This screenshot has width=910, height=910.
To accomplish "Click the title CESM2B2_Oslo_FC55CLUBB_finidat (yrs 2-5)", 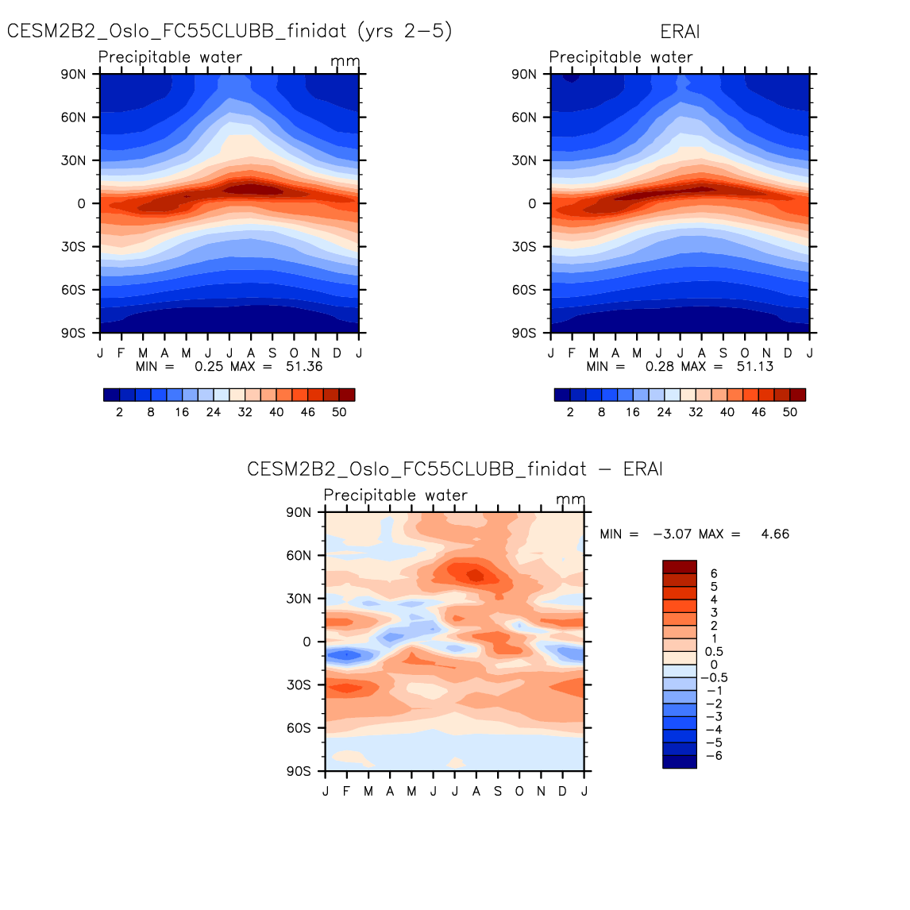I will [x=229, y=32].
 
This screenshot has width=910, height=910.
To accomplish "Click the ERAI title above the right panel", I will [x=680, y=33].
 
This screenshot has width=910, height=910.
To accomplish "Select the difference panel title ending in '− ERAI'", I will [x=454, y=469].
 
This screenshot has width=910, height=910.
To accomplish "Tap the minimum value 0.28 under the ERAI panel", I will [x=659, y=367].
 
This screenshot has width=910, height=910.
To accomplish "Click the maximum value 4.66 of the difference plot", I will [x=775, y=534].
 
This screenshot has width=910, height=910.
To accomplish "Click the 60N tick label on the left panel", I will [x=73, y=118].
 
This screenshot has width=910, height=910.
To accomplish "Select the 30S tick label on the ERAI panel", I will [x=524, y=247].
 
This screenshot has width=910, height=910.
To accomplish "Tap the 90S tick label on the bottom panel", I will [x=299, y=771].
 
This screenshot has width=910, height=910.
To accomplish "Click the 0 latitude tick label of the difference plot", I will [x=307, y=642].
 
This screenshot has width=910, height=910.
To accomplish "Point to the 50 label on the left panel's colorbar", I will [x=339, y=413].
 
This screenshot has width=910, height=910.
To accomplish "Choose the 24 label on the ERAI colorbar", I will [x=664, y=413].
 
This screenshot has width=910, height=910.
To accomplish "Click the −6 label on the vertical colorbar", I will [x=713, y=756].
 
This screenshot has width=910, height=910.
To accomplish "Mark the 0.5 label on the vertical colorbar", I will [x=715, y=652].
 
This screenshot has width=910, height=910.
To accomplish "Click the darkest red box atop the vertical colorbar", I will [x=680, y=566].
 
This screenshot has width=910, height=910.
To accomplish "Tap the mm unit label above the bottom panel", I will [x=570, y=499].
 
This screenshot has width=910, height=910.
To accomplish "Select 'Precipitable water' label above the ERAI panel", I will [x=621, y=57].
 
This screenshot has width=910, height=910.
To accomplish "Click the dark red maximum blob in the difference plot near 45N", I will [x=475, y=575].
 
